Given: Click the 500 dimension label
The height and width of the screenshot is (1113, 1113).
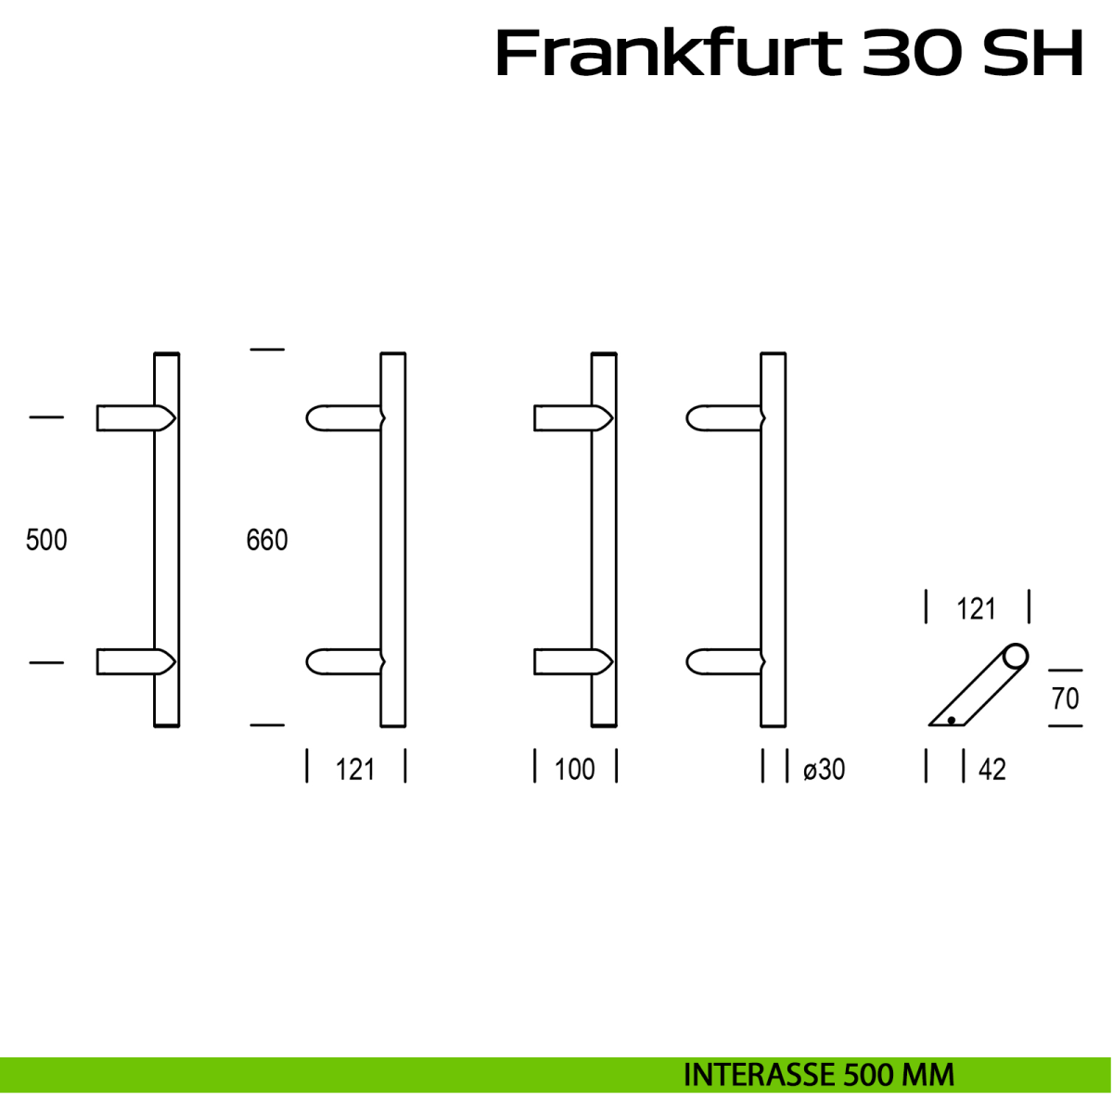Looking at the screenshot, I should (x=46, y=540).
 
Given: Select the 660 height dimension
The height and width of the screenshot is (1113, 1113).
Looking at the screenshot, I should (x=267, y=540).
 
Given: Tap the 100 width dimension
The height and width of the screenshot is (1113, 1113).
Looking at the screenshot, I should (x=574, y=769).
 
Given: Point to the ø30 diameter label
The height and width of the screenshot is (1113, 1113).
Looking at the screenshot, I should (x=824, y=769).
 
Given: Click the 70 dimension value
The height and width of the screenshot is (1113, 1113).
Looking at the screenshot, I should (x=1066, y=697).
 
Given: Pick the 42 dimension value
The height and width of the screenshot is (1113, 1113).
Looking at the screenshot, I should (x=991, y=770).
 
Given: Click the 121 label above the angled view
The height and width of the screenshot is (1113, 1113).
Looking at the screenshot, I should (x=976, y=609).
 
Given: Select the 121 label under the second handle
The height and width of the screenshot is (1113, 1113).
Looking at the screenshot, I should (x=355, y=769).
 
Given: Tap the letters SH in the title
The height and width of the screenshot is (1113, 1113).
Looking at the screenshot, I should (x=1032, y=54).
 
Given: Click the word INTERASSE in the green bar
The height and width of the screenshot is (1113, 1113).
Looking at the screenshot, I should (x=759, y=1075).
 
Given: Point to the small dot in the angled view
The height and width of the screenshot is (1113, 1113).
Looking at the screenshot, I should (x=952, y=720).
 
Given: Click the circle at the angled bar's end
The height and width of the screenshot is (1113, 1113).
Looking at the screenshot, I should (x=1016, y=657).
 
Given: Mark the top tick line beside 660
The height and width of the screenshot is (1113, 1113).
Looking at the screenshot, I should (x=267, y=350).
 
